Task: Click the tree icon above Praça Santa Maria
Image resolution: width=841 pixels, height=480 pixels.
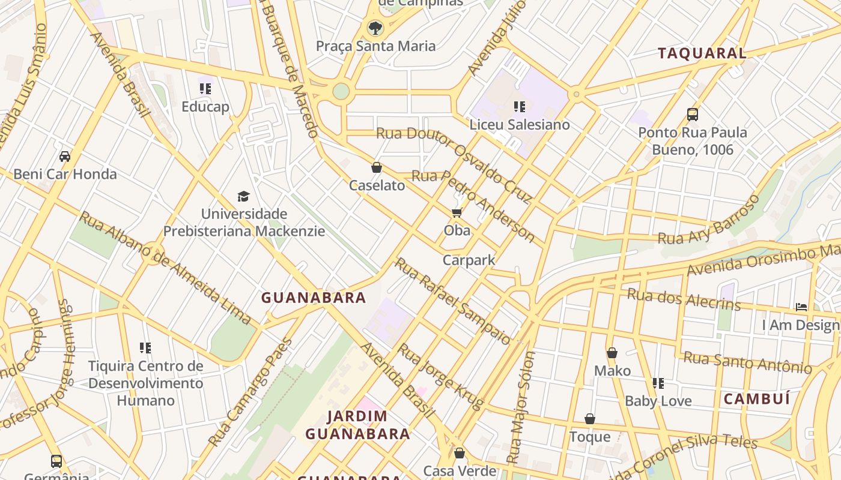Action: click(375, 27)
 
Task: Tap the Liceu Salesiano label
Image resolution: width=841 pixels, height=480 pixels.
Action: click(520, 125)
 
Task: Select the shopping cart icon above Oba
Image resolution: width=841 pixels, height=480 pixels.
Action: click(457, 213)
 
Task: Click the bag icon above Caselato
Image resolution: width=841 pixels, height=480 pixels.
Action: click(377, 167)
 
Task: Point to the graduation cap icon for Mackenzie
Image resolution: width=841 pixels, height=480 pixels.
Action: click(243, 196)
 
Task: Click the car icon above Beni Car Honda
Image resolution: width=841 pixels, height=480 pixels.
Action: click(65, 157)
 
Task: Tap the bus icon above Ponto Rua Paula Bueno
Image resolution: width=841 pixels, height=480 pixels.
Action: click(693, 114)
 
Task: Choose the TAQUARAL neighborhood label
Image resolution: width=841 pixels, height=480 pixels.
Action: click(702, 53)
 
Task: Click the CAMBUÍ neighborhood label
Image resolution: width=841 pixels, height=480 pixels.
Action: click(756, 399)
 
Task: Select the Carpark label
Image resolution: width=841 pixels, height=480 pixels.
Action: click(469, 260)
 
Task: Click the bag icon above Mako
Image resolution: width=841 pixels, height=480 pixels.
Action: click(612, 353)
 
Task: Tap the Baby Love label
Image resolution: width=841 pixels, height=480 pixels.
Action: click(658, 401)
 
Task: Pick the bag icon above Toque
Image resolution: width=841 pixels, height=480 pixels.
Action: click(590, 419)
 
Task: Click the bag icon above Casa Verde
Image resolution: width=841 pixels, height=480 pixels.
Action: click(460, 453)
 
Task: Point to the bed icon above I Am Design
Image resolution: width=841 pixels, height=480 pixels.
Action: click(801, 307)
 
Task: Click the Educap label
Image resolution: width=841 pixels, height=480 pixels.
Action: click(205, 107)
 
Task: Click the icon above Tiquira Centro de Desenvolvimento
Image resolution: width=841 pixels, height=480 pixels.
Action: click(145, 347)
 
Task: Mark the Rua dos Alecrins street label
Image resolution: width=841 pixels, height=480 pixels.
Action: click(684, 299)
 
